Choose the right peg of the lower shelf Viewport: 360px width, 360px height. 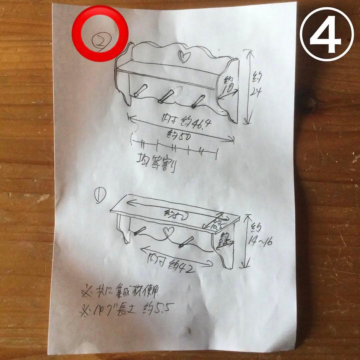tap(186, 242)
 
